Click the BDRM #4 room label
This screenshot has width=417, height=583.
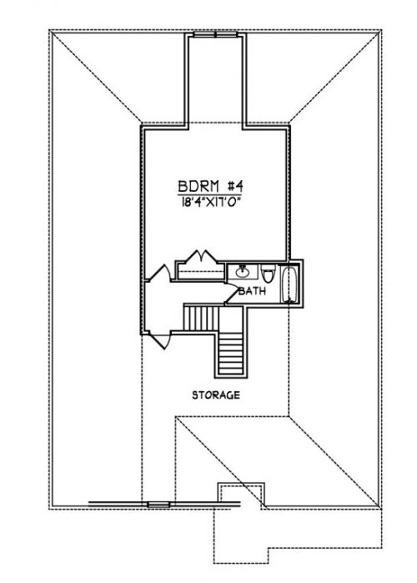point(210,186)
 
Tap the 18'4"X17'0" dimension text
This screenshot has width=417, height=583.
point(208,203)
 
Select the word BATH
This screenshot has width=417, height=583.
point(253,291)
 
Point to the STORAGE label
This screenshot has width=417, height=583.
point(216,395)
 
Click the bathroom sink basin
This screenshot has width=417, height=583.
point(243,272)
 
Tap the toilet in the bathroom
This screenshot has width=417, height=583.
point(267,274)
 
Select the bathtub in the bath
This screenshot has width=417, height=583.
point(289,284)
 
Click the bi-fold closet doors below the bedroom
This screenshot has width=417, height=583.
point(202,257)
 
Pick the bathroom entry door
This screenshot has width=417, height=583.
point(232,294)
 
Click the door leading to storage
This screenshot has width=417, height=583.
point(159,339)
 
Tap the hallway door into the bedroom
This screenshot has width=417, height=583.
point(158,273)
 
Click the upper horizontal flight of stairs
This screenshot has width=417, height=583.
point(202,318)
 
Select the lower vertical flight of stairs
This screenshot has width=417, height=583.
point(230,354)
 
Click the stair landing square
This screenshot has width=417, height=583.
point(230,319)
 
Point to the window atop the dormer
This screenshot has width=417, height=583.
point(215,34)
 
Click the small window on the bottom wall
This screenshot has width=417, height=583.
point(158,505)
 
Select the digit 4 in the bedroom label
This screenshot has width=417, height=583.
point(239,186)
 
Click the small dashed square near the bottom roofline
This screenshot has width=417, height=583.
point(241,493)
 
